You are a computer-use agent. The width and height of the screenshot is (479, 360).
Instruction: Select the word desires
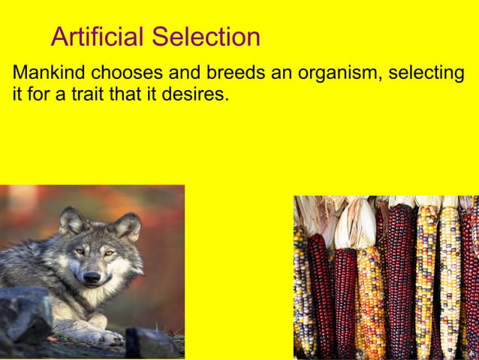click(x=199, y=95)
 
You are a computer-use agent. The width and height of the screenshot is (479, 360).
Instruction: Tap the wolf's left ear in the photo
click(x=72, y=219)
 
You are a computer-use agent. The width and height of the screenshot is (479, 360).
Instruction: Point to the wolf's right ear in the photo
click(x=127, y=225)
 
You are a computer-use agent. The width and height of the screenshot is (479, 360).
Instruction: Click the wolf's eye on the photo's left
click(x=80, y=250)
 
